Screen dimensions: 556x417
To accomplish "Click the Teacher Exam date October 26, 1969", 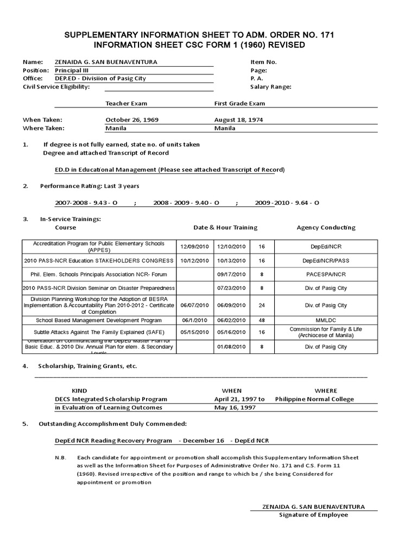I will [x=132, y=119].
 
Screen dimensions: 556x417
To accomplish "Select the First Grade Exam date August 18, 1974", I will [x=239, y=119].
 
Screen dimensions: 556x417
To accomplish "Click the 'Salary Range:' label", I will [x=270, y=87].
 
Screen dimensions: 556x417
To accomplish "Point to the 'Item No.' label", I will [x=263, y=62].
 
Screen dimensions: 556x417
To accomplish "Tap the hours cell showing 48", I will [x=262, y=320].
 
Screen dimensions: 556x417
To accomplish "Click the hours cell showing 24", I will [x=262, y=305].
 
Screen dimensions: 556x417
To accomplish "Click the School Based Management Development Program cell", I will [x=99, y=320].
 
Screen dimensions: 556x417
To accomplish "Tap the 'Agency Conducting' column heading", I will [x=326, y=228].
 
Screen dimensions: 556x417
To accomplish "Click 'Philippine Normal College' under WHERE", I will [x=314, y=399].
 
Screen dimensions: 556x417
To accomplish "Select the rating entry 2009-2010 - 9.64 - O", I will [x=287, y=203].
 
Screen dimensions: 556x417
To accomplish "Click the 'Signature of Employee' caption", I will [x=313, y=515].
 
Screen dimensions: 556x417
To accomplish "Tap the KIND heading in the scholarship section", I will [x=79, y=390].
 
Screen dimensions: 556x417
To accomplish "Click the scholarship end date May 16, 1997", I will [x=235, y=407].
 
